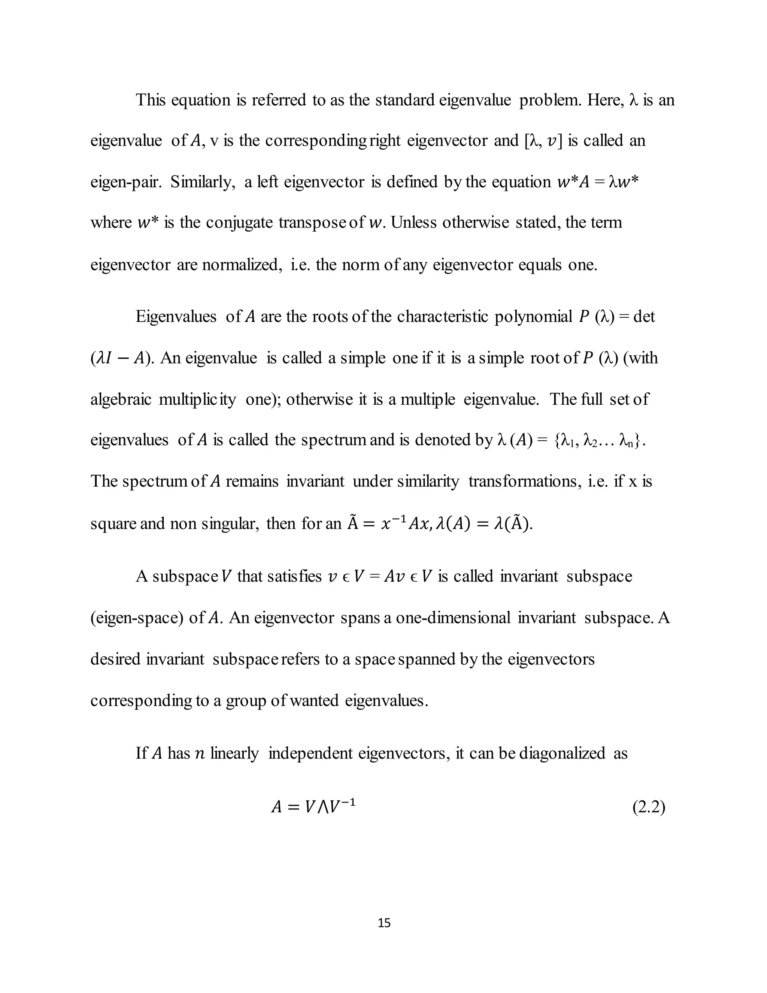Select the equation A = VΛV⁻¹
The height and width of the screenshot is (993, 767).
coord(313,807)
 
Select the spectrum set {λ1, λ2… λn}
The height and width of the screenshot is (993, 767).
coord(599,440)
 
